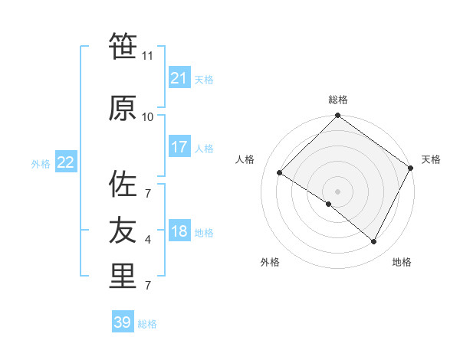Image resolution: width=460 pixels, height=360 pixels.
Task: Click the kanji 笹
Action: coord(123,47)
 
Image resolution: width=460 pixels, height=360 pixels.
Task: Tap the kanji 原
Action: coord(123,109)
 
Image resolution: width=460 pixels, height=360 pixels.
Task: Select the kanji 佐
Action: coord(123,185)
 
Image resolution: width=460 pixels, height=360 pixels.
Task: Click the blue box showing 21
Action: coord(179,78)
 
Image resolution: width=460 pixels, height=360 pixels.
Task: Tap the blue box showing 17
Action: coord(179,147)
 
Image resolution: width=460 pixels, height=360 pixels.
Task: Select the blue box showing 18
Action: coord(179,231)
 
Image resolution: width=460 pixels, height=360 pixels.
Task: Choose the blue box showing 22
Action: coord(65,162)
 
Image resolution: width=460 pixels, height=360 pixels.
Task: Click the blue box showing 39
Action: coord(122,322)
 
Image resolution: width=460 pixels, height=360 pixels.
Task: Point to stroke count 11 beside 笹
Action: coord(148,56)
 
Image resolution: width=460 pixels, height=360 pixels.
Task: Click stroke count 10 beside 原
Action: coord(148,117)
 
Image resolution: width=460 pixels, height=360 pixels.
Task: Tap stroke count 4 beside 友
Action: coord(147,240)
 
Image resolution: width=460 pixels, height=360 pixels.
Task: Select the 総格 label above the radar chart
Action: coord(338,100)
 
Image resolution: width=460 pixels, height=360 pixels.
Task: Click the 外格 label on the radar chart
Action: coord(270,263)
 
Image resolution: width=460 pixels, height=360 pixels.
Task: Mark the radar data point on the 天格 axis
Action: coord(411,168)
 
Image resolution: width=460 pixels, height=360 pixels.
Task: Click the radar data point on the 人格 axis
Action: coord(280,173)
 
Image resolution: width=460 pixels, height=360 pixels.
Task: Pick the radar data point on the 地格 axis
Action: coord(374,242)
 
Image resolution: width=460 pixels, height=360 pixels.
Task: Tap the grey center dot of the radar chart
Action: coord(337,191)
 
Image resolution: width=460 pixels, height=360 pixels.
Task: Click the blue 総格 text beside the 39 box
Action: coord(148,324)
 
